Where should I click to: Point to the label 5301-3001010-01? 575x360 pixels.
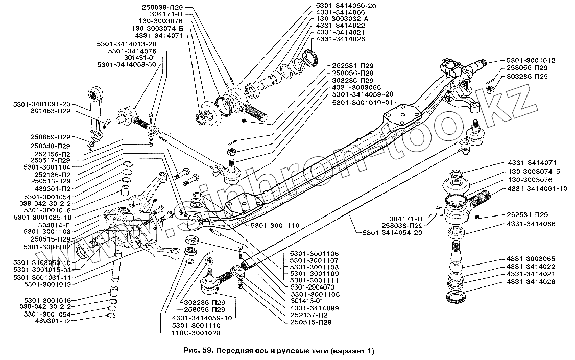(x=362, y=102)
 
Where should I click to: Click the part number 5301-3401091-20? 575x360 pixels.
(x=42, y=104)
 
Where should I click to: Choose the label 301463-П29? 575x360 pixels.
(x=52, y=111)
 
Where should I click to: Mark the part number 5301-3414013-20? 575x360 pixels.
(x=127, y=44)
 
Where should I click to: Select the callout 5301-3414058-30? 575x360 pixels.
(x=127, y=64)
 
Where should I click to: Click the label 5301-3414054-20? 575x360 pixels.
(x=392, y=232)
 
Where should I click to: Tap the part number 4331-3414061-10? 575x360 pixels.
(x=537, y=189)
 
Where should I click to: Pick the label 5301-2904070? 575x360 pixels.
(x=312, y=287)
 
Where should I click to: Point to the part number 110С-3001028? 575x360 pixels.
(x=196, y=333)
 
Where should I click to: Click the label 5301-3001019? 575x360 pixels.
(x=47, y=284)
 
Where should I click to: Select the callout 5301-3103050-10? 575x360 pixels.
(x=42, y=263)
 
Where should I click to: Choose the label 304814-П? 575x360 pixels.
(x=54, y=225)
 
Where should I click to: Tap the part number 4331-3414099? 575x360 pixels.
(x=314, y=308)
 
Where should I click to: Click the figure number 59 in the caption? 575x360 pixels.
(x=206, y=351)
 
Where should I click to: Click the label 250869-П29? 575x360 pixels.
(x=51, y=137)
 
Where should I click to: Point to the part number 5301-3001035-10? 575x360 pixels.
(x=43, y=218)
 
